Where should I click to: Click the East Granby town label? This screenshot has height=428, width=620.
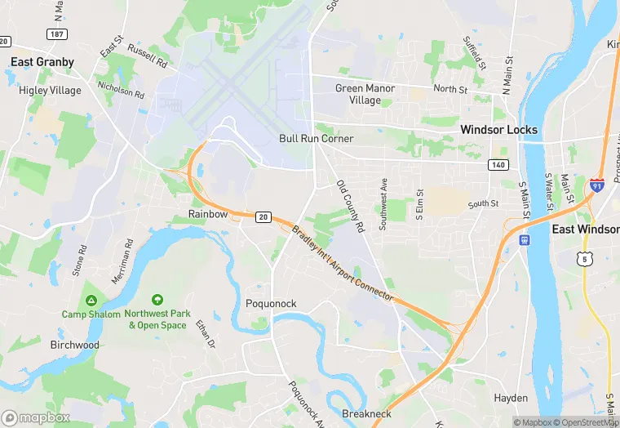click(x=42, y=62)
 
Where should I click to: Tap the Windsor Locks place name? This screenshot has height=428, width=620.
click(x=498, y=130)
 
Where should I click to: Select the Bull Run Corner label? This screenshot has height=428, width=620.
click(x=316, y=139)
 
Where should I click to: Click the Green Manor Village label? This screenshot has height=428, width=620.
click(x=365, y=94)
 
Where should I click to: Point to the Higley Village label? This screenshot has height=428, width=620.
click(x=50, y=91)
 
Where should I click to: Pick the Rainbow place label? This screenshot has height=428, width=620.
click(x=208, y=214)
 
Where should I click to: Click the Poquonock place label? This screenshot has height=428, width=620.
click(x=271, y=304)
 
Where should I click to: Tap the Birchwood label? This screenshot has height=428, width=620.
click(x=74, y=345)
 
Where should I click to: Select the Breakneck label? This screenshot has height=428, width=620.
click(x=367, y=414)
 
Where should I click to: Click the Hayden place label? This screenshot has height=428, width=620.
click(x=511, y=398)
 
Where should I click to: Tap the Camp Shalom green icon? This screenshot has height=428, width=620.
click(x=91, y=300)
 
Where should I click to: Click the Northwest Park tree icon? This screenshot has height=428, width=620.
click(x=157, y=300)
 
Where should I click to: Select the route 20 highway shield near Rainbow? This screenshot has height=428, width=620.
click(x=262, y=216)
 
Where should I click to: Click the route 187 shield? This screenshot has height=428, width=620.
click(x=57, y=35)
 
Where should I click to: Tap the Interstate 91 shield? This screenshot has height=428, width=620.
click(x=597, y=185)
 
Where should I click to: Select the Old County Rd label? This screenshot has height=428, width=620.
click(x=350, y=205)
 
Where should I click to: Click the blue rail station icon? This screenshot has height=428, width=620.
click(x=524, y=240)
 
